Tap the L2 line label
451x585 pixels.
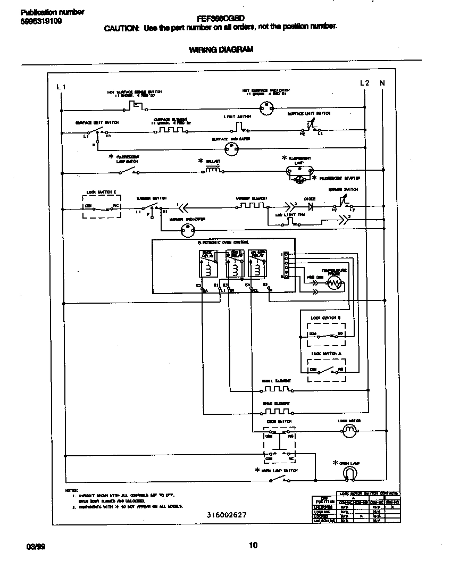(x=364, y=83)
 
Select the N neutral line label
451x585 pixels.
(x=382, y=83)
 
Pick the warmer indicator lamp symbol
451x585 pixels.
(x=187, y=230)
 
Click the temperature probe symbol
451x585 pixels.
(x=333, y=283)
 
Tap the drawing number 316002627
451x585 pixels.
(x=227, y=515)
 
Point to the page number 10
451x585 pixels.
(x=253, y=545)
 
